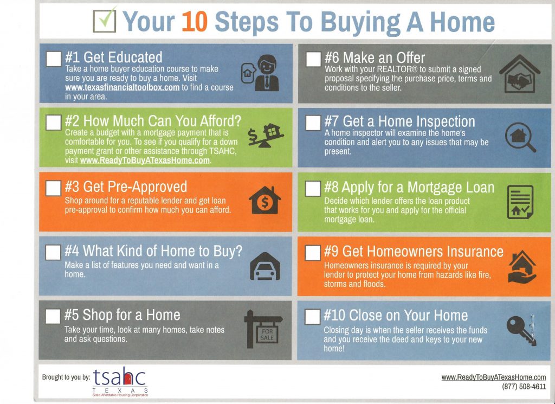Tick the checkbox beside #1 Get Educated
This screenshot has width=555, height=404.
tap(53, 59)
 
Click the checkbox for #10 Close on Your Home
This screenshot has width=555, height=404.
tap(313, 316)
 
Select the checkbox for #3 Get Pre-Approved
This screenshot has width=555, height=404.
tap(53, 188)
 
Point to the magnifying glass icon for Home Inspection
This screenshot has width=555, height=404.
tap(520, 137)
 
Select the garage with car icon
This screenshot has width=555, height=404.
tap(264, 266)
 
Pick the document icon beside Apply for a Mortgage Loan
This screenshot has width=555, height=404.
tap(520, 202)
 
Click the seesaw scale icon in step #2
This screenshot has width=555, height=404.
tap(262, 135)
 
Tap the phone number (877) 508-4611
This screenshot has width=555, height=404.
tap(524, 387)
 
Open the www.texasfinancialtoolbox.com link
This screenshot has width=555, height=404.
tap(122, 87)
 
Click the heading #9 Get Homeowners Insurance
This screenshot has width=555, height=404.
tap(414, 252)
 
